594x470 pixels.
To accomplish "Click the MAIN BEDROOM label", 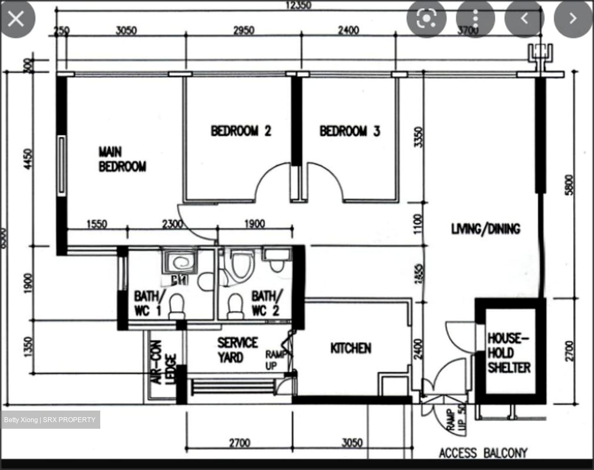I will click(x=122, y=159).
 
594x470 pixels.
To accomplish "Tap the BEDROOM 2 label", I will click(x=241, y=131).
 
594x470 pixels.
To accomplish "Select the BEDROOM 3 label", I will click(x=349, y=131).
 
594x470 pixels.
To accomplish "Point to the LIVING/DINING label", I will click(x=486, y=229).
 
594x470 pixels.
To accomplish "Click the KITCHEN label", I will click(x=351, y=348).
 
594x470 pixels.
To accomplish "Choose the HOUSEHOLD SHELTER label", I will click(x=509, y=353).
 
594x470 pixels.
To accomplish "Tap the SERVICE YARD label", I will click(x=237, y=350).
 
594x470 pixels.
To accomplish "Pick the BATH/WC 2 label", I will click(x=267, y=303).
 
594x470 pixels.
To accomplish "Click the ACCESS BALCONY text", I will click(x=483, y=453).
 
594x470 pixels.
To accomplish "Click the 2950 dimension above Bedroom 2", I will click(x=244, y=30).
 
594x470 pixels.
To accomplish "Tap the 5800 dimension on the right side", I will click(x=569, y=185).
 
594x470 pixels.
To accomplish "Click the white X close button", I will click(x=16, y=19).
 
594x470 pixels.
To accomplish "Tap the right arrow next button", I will click(x=573, y=19).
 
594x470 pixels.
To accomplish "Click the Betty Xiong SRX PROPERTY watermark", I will click(x=50, y=420).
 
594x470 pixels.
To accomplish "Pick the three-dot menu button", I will click(x=475, y=19).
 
